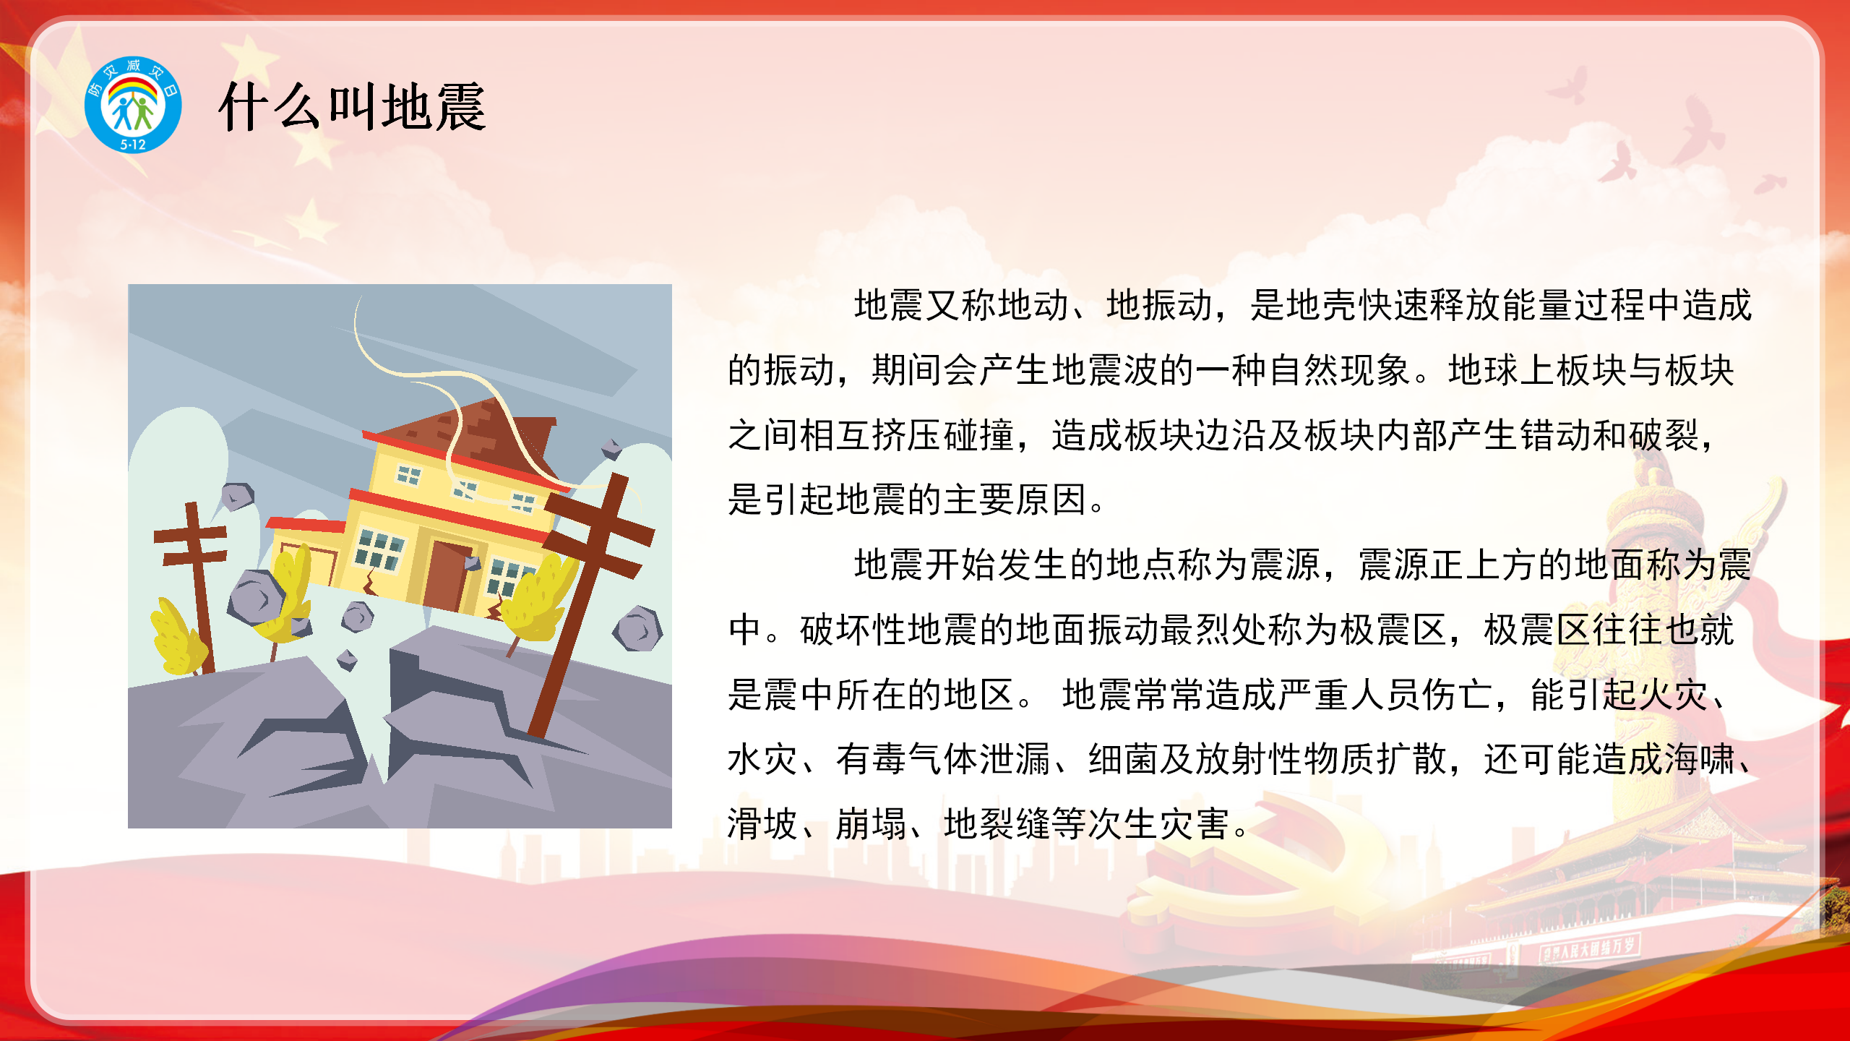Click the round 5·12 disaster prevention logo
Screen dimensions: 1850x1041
click(133, 105)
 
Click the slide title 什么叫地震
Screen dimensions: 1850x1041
click(353, 107)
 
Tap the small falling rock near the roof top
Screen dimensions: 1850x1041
click(611, 449)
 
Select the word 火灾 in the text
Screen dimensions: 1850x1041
click(1674, 695)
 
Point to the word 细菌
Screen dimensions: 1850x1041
click(1124, 759)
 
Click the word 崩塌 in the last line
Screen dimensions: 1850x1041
click(871, 824)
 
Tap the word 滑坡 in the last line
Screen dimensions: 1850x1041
click(762, 824)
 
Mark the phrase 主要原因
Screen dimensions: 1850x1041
click(1015, 500)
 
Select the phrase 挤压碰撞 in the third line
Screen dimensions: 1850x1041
click(943, 435)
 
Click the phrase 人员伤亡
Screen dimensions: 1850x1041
click(1421, 695)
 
